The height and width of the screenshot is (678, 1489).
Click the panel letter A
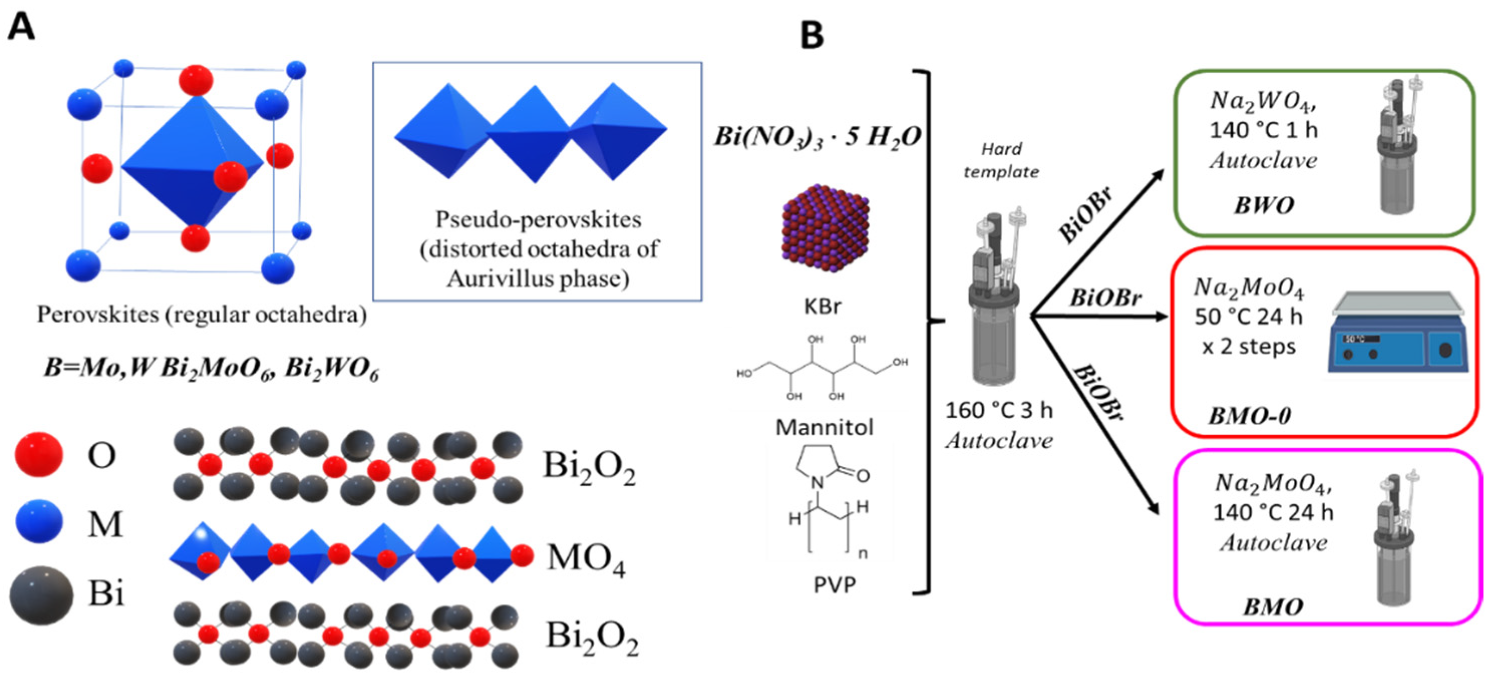click(22, 27)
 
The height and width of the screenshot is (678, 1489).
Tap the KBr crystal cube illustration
click(825, 228)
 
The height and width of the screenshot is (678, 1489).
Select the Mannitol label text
click(824, 427)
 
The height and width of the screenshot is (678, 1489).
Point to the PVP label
click(834, 585)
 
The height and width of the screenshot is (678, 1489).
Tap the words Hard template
click(1001, 160)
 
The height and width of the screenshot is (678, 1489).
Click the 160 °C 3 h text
click(998, 410)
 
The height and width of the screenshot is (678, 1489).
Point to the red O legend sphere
click(38, 454)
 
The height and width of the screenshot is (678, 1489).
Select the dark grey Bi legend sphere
click(41, 594)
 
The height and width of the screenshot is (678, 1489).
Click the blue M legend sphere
click(39, 522)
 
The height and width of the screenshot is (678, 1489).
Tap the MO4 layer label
click(586, 560)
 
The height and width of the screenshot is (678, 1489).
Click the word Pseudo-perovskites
click(538, 220)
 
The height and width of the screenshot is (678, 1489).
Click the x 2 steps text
click(1248, 347)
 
